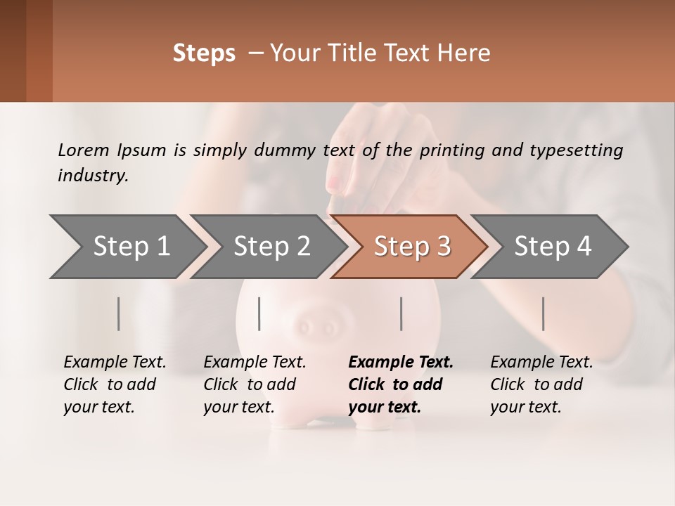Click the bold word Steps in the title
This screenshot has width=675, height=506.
pos(204,53)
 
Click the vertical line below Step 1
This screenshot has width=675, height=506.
pos(119,313)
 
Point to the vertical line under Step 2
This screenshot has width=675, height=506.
pos(259,313)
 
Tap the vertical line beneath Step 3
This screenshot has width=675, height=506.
pos(401,313)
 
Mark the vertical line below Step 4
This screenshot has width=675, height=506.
pos(544,313)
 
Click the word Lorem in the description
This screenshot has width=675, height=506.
pos(83,150)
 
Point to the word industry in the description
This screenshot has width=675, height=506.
pos(93,176)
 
